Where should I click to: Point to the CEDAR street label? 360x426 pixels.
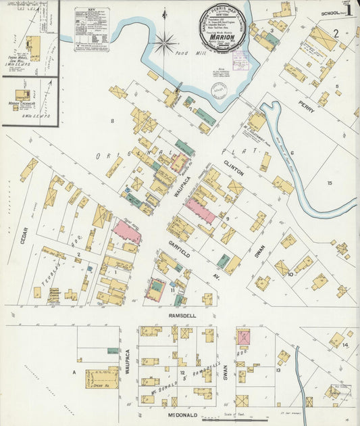24,235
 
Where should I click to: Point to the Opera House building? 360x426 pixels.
101,378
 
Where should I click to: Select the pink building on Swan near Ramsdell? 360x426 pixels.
242,337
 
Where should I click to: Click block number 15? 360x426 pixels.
330,183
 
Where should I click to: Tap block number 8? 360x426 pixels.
113,120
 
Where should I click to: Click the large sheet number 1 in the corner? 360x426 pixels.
349,12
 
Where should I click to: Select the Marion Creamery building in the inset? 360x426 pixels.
22,95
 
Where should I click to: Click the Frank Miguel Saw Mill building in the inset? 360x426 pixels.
32,46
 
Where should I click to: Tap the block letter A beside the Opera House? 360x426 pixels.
74,372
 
